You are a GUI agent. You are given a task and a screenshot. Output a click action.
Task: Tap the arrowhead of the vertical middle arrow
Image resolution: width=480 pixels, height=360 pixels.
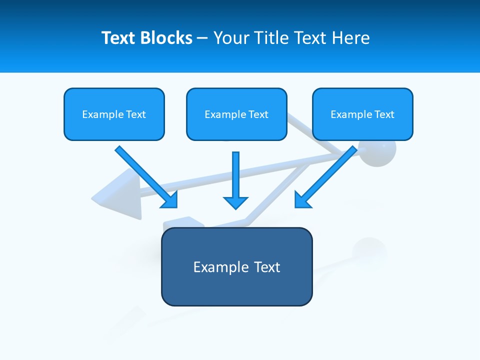tap(235, 202)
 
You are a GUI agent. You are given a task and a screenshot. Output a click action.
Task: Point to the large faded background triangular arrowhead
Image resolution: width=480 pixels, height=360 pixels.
tap(120, 195)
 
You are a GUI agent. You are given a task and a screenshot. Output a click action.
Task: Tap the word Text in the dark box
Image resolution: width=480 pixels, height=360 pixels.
tap(267, 267)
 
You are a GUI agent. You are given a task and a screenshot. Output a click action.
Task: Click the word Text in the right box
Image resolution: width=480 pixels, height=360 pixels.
tap(384, 114)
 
